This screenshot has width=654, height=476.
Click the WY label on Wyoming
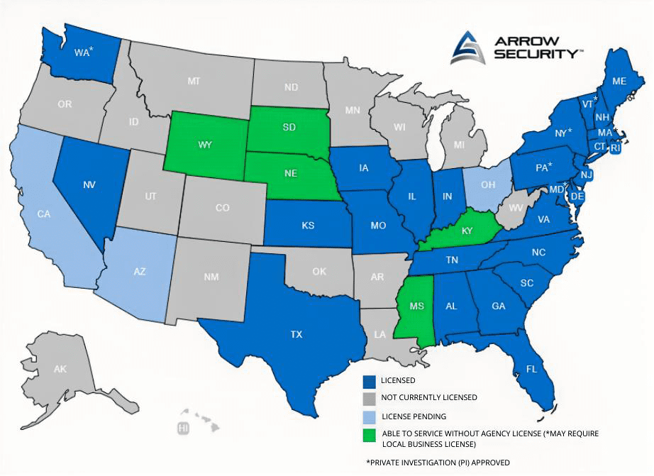206,145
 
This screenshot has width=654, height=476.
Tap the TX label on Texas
296,333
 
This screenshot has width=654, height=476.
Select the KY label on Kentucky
467,231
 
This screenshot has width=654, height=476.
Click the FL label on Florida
531,369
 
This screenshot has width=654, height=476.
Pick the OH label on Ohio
487,185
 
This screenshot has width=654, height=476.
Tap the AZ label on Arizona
139,272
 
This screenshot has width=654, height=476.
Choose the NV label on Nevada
89,185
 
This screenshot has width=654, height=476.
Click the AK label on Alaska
60,369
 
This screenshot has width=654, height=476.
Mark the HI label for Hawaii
184,428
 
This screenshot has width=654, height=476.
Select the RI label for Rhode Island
616,149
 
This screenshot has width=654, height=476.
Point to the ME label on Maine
619,81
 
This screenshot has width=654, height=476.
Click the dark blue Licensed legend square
368,381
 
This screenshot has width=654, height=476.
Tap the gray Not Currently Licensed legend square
368,398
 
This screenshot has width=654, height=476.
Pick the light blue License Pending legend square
368,416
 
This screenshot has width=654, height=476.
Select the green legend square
368,433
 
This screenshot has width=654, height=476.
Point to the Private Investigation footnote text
438,463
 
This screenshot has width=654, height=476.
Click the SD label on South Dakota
289,128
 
